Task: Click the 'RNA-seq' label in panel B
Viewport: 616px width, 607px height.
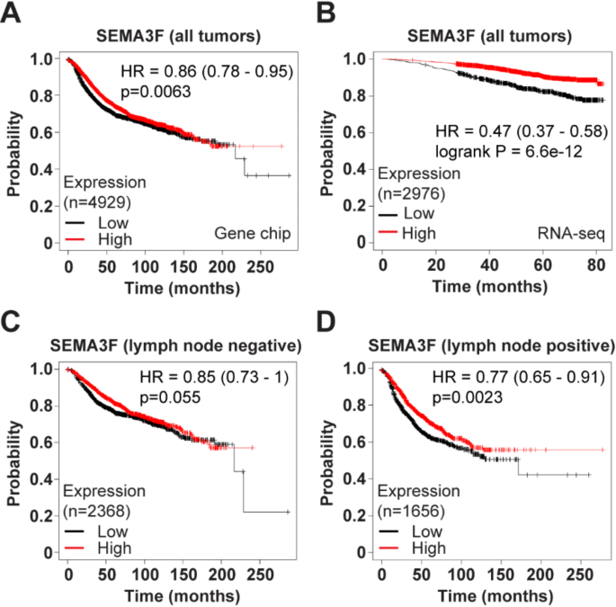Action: tap(567, 233)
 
